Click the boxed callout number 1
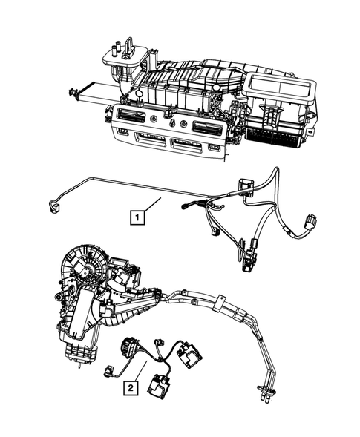point(137,217)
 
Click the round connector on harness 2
point(128,346)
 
